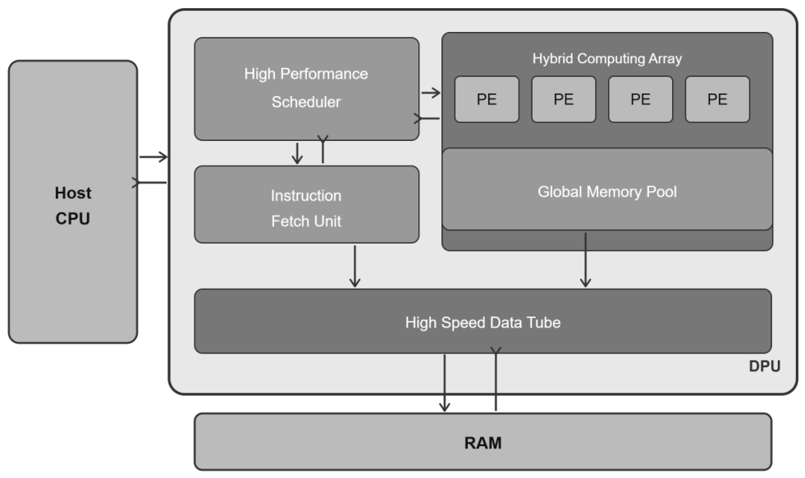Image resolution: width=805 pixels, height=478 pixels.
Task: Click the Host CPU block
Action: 73,202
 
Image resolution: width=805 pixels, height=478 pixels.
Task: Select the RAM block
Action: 483,442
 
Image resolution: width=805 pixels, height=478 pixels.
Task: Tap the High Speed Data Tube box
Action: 483,321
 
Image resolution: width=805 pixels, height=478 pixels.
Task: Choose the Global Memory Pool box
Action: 607,189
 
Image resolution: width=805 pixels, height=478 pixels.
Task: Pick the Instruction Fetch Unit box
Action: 307,204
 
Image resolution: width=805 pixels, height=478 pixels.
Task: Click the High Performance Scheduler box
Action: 307,89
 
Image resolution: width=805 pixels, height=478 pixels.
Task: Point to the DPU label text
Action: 765,366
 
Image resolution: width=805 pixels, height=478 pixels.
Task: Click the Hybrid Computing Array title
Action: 607,58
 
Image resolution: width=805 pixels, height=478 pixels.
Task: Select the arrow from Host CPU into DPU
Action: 153,157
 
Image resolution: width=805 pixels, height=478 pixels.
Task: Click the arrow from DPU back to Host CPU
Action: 149,183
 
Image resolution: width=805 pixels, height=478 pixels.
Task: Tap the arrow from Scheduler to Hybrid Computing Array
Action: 431,93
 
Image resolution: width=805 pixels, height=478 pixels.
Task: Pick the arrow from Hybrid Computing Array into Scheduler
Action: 427,118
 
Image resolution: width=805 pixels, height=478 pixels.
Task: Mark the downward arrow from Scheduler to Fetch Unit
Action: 297,153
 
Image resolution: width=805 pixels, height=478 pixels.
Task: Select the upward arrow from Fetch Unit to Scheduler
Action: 322,149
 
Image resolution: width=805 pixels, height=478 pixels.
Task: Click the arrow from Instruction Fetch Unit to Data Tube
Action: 354,266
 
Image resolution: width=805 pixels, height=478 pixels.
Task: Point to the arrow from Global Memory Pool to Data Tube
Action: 585,260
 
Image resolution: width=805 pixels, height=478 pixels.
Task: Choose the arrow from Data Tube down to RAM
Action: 445,383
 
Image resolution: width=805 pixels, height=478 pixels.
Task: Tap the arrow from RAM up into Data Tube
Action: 496,379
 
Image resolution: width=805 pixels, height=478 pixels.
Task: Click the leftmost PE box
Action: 487,99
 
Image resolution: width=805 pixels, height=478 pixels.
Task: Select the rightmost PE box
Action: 717,99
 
